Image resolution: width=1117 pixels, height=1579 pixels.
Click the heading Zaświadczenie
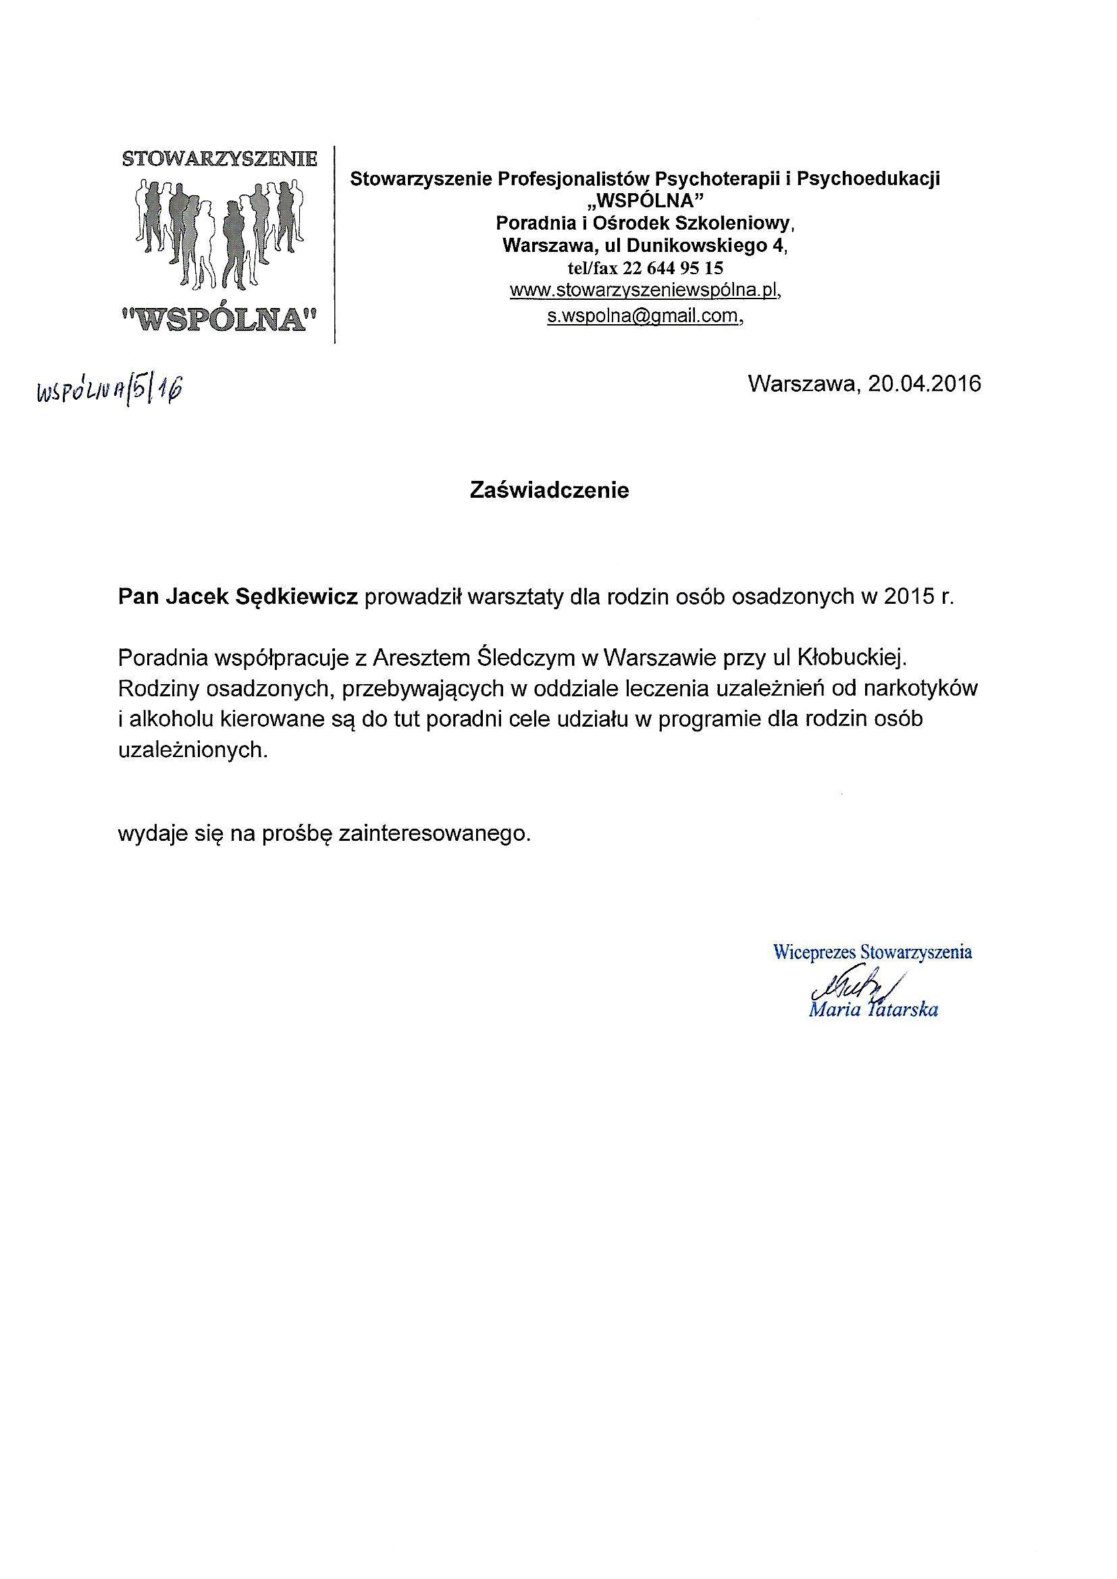click(x=549, y=490)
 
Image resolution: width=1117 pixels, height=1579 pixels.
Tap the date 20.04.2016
click(x=924, y=383)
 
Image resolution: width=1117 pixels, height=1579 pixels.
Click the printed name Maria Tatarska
click(x=873, y=1009)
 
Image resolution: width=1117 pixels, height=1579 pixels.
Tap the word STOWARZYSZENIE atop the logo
click(x=219, y=159)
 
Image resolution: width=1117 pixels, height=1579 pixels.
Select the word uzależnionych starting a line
click(x=191, y=750)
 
